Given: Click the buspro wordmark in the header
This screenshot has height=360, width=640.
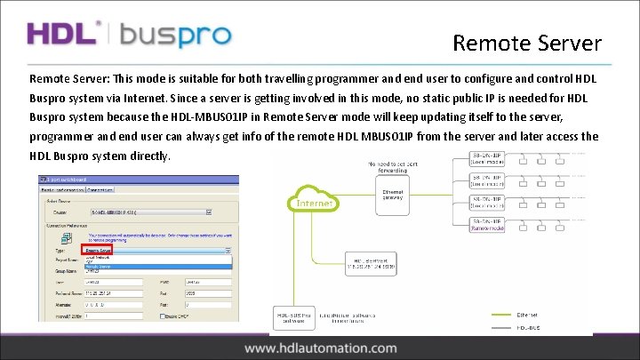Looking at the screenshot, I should pyautogui.click(x=175, y=36).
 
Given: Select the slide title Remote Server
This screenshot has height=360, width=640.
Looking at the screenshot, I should pyautogui.click(x=526, y=43).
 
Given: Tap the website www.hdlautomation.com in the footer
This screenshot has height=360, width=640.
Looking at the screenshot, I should pyautogui.click(x=321, y=348).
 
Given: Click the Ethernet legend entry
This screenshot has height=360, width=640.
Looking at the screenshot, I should pyautogui.click(x=552, y=314).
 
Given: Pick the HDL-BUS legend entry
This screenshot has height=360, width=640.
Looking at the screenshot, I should pyautogui.click(x=552, y=327).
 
